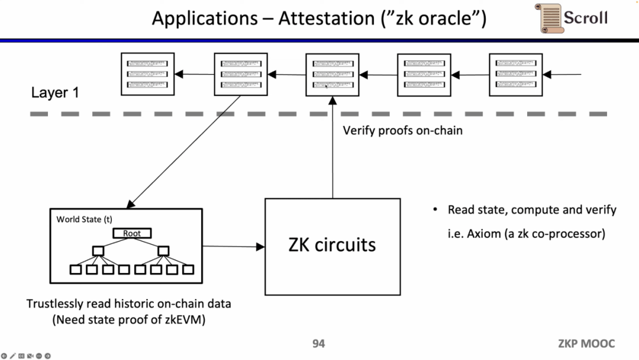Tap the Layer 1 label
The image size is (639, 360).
[x=55, y=93]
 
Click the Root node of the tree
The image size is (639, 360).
[x=132, y=233]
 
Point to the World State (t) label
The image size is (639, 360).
[x=84, y=219]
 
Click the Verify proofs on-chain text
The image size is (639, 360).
[x=402, y=130]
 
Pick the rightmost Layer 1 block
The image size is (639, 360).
[x=516, y=75]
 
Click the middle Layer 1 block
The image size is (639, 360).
[x=332, y=75]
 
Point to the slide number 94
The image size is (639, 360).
[x=319, y=343]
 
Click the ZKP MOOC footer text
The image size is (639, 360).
[x=586, y=343]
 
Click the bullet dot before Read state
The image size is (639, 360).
[x=435, y=210]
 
